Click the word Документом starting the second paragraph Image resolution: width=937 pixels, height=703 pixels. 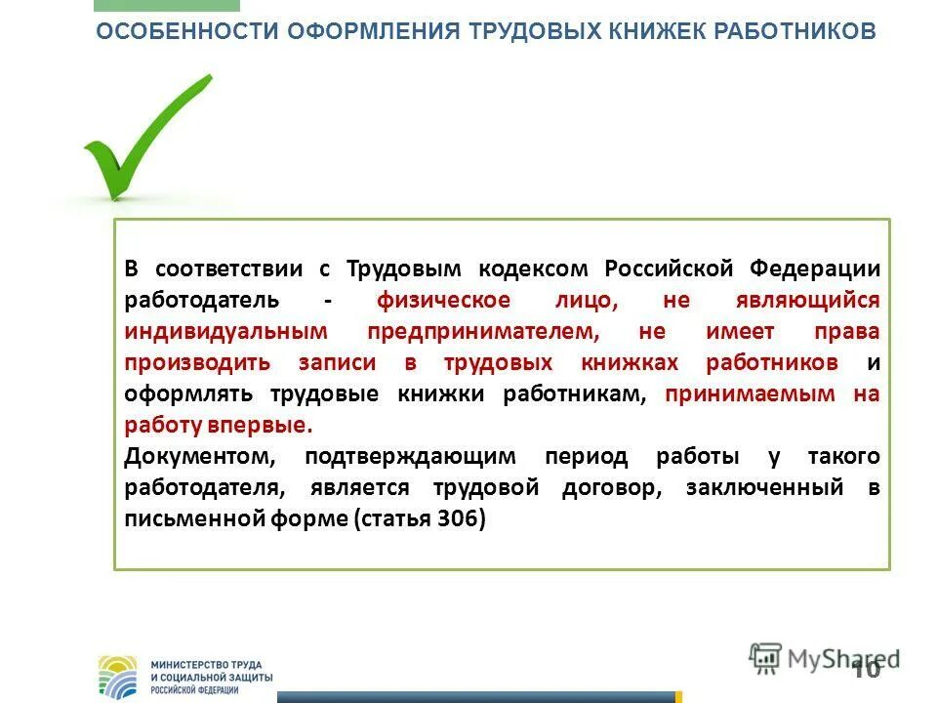pos(201,456)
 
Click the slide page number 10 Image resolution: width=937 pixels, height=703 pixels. pos(865,669)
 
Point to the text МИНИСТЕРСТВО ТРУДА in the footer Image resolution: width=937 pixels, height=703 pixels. pos(206,664)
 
